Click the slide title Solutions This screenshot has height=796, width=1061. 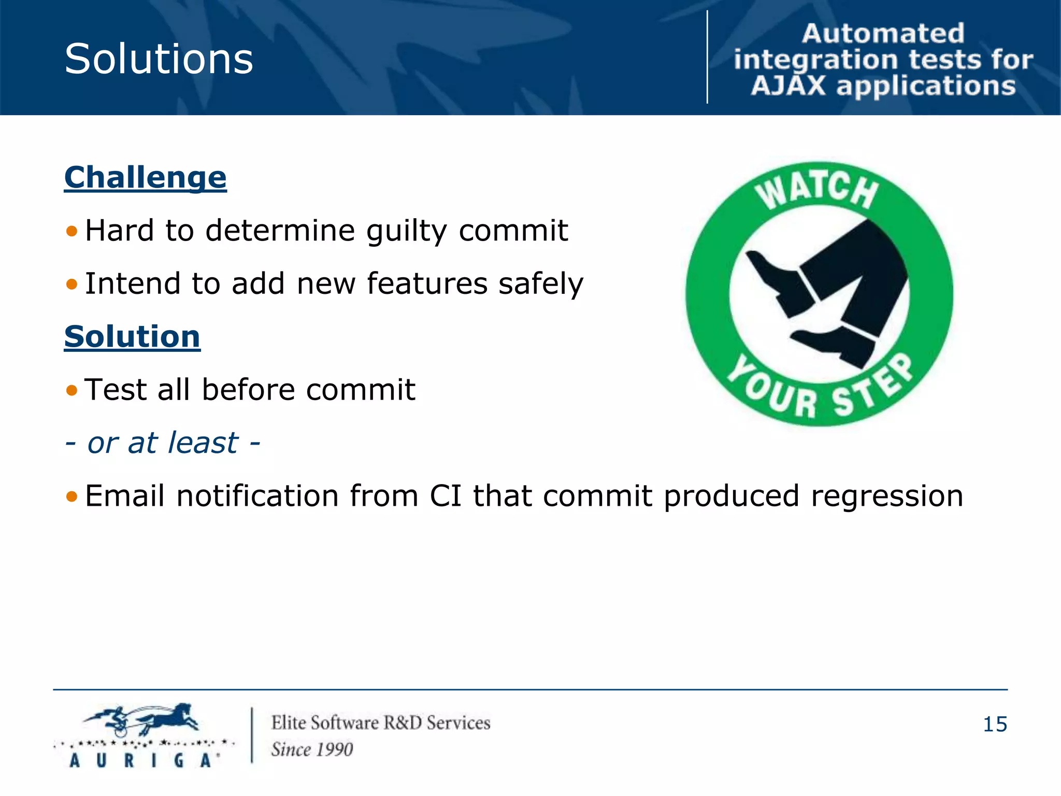[159, 59]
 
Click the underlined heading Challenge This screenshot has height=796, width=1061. [145, 178]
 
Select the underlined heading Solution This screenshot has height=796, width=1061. [132, 337]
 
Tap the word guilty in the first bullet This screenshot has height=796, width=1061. [406, 231]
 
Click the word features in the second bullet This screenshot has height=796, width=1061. [427, 284]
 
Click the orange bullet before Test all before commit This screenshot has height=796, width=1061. [71, 390]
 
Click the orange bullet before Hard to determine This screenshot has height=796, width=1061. [71, 231]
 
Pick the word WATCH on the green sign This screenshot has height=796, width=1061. [818, 191]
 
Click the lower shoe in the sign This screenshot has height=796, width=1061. [834, 345]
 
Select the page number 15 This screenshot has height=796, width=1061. [995, 724]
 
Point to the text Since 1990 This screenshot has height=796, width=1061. [312, 749]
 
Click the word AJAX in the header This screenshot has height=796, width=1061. [788, 86]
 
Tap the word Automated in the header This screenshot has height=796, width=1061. [883, 34]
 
